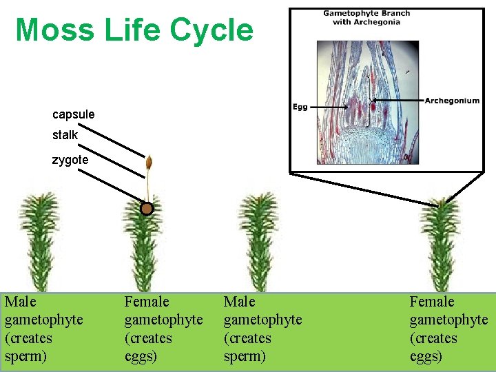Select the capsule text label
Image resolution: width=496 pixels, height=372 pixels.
pyautogui.click(x=73, y=114)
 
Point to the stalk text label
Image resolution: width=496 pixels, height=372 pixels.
pyautogui.click(x=65, y=135)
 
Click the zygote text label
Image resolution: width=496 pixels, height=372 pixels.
pyautogui.click(x=70, y=160)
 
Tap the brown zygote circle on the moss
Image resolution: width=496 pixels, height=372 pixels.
pyautogui.click(x=146, y=209)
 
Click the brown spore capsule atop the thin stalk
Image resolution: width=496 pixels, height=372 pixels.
pyautogui.click(x=147, y=163)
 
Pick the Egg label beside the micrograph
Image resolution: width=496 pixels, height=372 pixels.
pyautogui.click(x=300, y=107)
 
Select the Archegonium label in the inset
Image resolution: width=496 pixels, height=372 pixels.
pyautogui.click(x=452, y=101)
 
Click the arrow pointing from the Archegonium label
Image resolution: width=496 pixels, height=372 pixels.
pyautogui.click(x=398, y=101)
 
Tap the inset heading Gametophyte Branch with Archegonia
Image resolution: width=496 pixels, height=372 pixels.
pyautogui.click(x=366, y=17)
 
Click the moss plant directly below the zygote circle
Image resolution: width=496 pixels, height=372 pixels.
pyautogui.click(x=145, y=251)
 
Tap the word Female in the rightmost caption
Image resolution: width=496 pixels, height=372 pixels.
pyautogui.click(x=432, y=302)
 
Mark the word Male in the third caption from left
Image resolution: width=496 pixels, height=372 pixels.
pyautogui.click(x=239, y=302)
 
